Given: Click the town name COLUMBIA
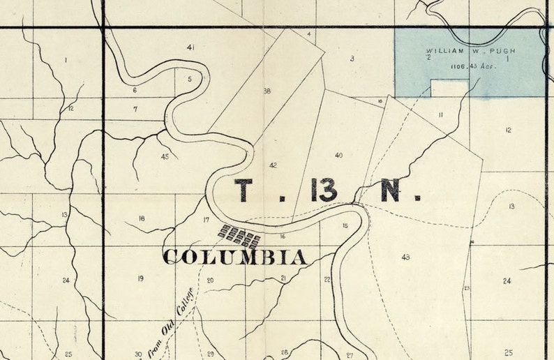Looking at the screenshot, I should [234, 257].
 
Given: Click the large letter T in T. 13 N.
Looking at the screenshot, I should [243, 190].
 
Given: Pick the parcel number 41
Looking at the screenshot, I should [190, 47].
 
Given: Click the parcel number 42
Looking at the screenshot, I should [273, 165].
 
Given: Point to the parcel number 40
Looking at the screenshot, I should [338, 155].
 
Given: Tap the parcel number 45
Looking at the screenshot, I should [165, 156].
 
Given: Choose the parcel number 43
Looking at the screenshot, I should [405, 257].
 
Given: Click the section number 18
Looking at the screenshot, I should [142, 218].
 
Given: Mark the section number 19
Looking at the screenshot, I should [140, 278].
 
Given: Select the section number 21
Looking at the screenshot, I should [283, 278].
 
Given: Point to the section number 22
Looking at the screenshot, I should [327, 279].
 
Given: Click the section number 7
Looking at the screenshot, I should [135, 109].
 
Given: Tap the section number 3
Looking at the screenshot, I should [352, 59].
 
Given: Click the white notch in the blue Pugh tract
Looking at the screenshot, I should [449, 88].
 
